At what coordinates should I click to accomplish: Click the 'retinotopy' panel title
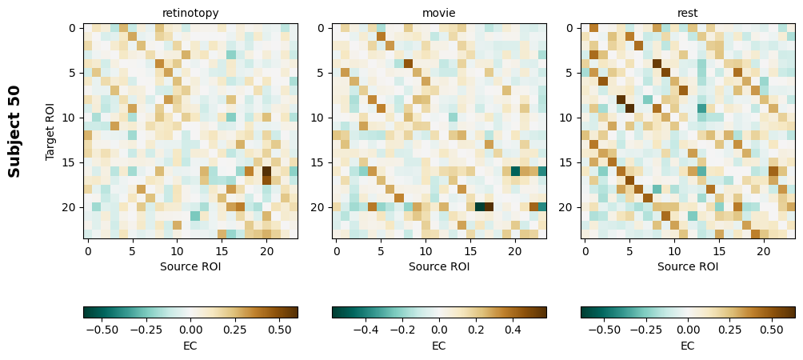coord(190,13)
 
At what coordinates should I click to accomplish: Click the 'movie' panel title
coord(439,13)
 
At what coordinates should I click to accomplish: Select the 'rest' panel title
coord(688,13)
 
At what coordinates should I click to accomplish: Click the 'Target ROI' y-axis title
coord(50,130)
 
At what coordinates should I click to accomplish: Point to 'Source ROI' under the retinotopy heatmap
coord(190,266)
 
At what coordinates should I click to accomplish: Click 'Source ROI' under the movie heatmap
coord(439,266)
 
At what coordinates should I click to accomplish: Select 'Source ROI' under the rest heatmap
coord(688,266)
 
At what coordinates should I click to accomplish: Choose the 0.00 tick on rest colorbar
coord(688,329)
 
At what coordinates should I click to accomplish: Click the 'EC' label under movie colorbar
coord(439,346)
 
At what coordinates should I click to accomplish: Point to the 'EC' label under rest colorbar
coord(688,346)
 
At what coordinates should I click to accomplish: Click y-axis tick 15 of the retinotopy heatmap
coord(73,162)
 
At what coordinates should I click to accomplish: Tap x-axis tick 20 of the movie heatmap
coord(515,251)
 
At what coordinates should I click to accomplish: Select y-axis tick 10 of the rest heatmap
coord(570,118)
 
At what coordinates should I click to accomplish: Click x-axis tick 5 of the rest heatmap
coord(630,251)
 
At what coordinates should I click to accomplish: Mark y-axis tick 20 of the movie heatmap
coord(322,207)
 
